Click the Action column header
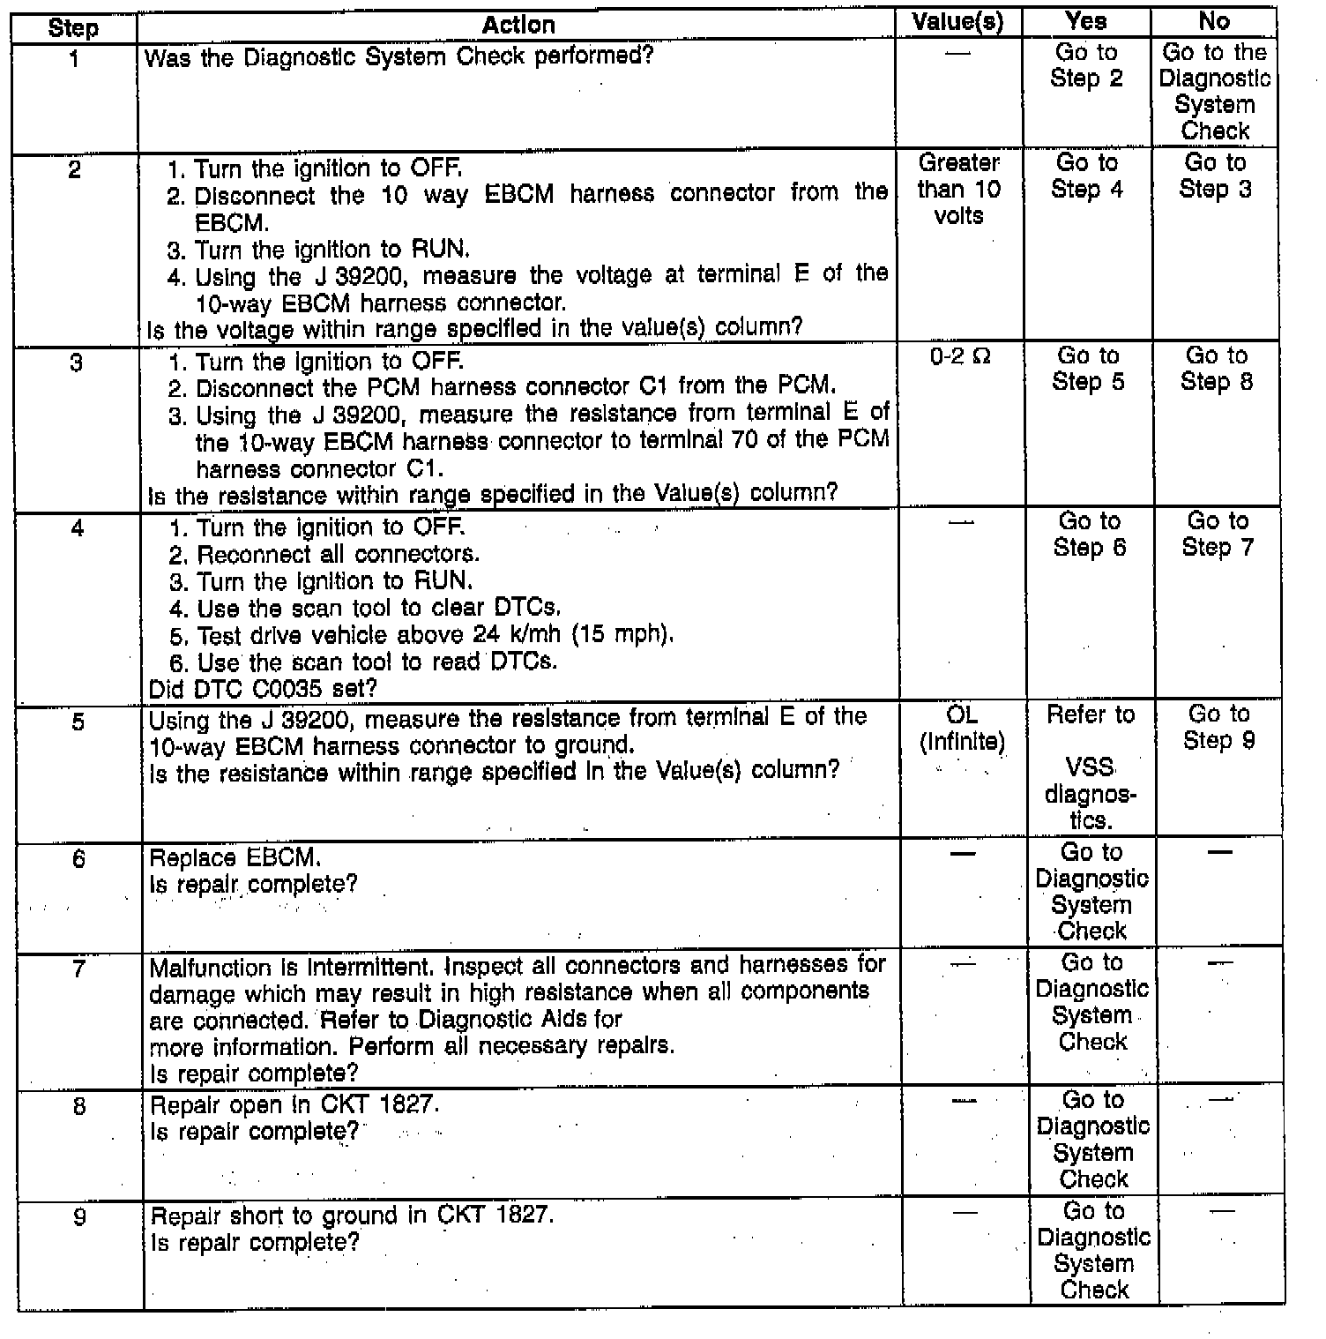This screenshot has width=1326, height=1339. tap(518, 25)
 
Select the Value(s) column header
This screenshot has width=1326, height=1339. tap(958, 23)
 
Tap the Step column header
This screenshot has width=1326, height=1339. tap(74, 27)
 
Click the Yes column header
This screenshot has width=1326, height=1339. tap(1086, 22)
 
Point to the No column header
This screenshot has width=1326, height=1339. tap(1214, 22)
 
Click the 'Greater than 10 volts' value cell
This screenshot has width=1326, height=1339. tap(959, 189)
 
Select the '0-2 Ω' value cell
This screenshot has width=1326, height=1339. tap(960, 356)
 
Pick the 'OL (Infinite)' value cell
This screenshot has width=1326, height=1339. tap(962, 729)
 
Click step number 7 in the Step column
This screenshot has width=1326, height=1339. tap(79, 969)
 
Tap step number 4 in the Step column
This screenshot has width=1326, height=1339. tap(78, 528)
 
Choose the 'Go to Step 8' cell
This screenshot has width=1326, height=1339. tap(1217, 369)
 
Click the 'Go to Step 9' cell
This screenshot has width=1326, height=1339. tap(1219, 727)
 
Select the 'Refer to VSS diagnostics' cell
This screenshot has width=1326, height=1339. tap(1091, 767)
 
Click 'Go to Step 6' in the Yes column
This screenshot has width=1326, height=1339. tap(1090, 534)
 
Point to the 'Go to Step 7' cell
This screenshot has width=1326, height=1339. tap(1218, 534)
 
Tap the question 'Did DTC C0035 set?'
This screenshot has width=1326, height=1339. tap(264, 688)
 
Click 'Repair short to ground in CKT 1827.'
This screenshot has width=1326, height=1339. tap(353, 1216)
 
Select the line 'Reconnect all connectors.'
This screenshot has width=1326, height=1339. tap(338, 555)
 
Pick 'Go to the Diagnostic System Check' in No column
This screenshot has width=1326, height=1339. tap(1215, 92)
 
